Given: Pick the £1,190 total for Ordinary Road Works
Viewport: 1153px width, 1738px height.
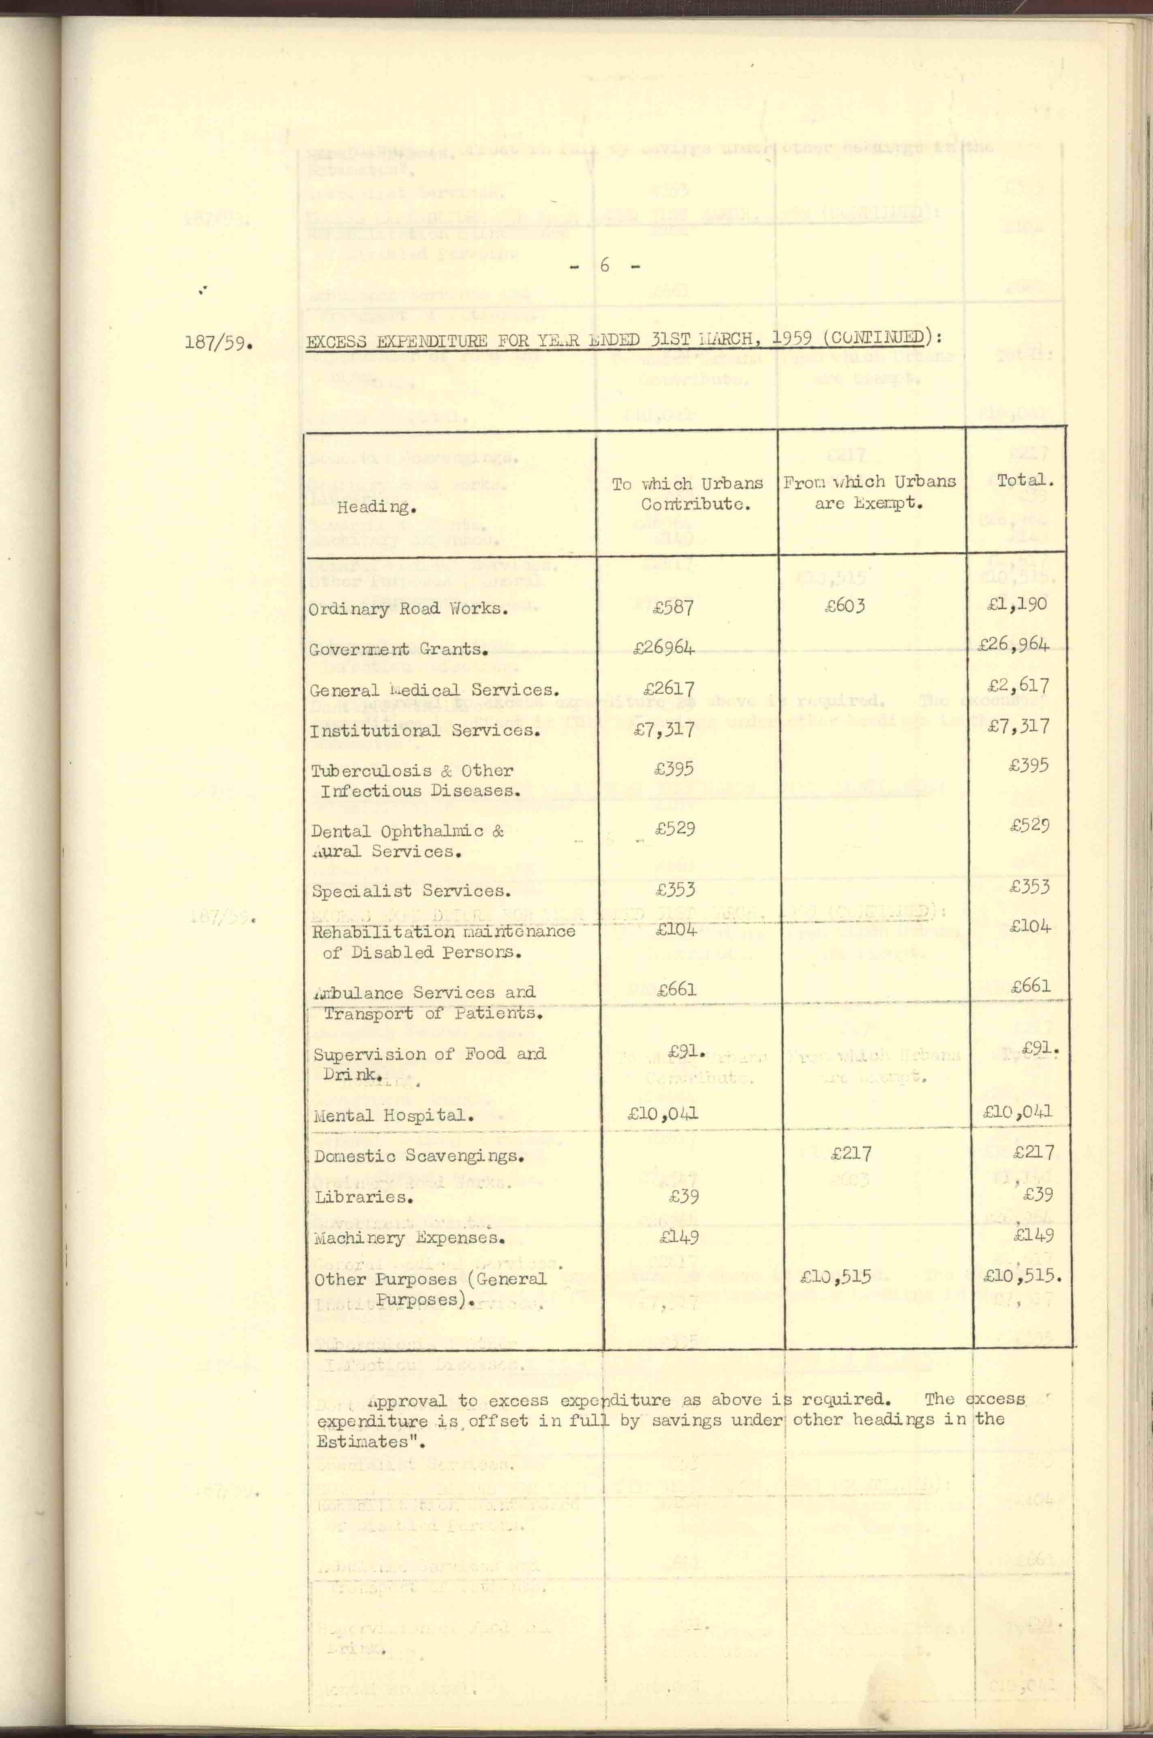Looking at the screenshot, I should pyautogui.click(x=1018, y=604).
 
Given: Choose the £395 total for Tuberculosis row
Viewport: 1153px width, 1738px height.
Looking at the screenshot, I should pyautogui.click(x=1029, y=765).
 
